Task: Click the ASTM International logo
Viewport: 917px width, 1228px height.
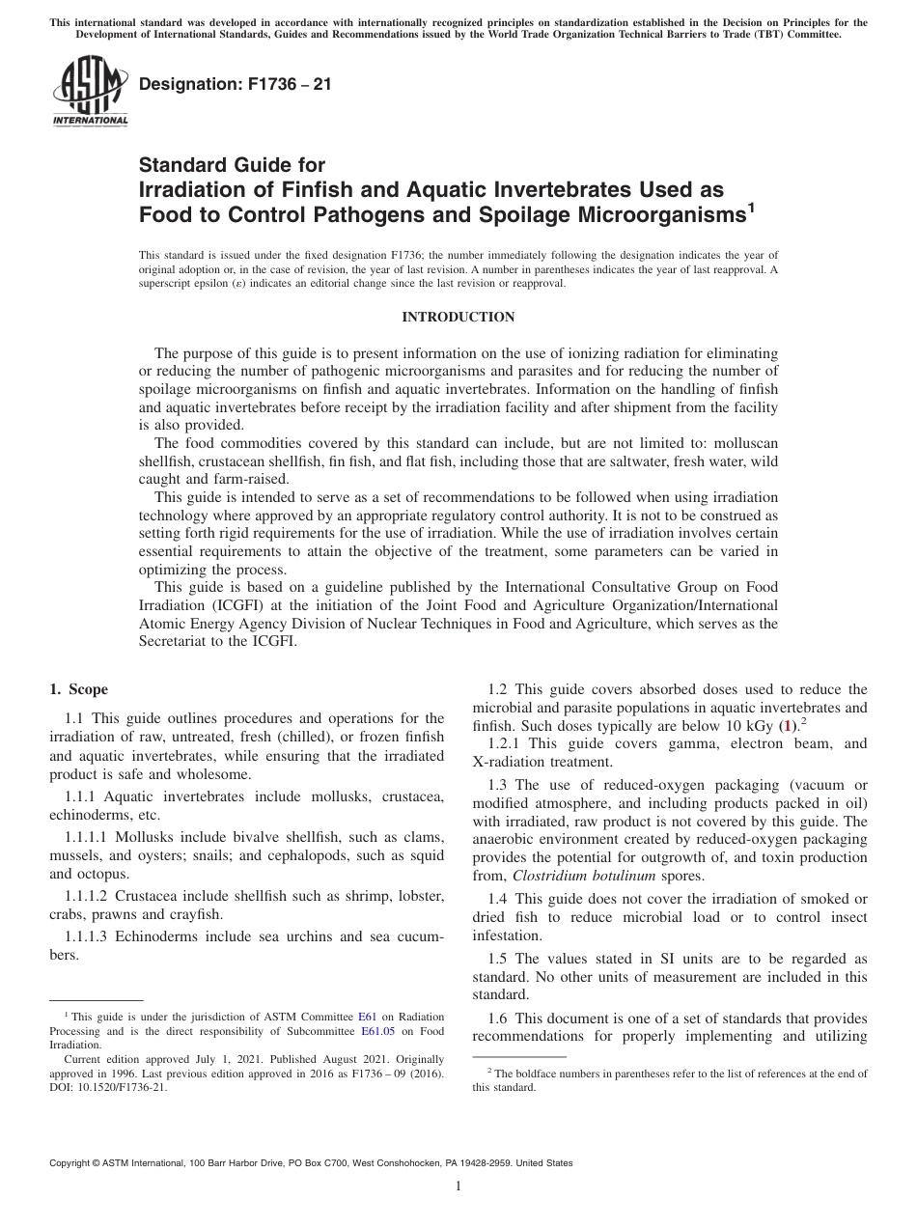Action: [x=89, y=92]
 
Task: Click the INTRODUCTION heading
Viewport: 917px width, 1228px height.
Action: [x=458, y=318]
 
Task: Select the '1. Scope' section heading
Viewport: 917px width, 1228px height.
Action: [x=78, y=689]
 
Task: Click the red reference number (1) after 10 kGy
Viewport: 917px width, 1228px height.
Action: [x=787, y=725]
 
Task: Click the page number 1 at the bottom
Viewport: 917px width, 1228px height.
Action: [x=458, y=1186]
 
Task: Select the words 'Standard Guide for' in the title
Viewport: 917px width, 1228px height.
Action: [x=232, y=165]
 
